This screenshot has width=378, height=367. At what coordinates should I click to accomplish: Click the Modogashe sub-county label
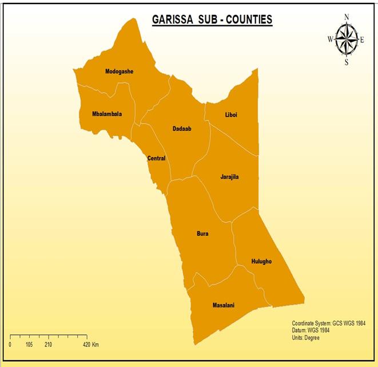coord(119,72)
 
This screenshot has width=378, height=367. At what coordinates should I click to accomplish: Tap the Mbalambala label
coord(107,114)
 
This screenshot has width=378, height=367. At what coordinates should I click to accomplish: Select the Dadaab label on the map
coord(182,129)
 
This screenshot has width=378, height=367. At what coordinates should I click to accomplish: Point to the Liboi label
coord(231,115)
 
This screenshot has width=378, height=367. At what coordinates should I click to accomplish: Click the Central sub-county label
coord(156,159)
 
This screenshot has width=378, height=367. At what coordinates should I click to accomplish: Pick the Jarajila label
coord(229,177)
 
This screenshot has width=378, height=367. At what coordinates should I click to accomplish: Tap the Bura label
coord(202,234)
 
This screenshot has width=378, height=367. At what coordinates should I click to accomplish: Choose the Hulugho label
coord(261,262)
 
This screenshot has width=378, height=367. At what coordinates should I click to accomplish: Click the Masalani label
coord(223,305)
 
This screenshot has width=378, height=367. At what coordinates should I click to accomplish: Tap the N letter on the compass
coord(346,17)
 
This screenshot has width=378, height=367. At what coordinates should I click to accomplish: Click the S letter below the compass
coord(346,62)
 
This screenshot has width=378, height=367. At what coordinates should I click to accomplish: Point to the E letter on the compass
coord(362,40)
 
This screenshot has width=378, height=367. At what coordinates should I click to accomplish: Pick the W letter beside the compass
coord(330,40)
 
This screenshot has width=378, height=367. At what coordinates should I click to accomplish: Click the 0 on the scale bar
coord(10,345)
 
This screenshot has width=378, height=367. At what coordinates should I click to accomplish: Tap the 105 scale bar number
coord(29,345)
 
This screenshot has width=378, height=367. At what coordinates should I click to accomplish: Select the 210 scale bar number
coord(48,345)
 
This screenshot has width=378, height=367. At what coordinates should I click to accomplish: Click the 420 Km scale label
coord(91,345)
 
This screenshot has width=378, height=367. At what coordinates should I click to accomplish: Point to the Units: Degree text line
coord(306,338)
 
